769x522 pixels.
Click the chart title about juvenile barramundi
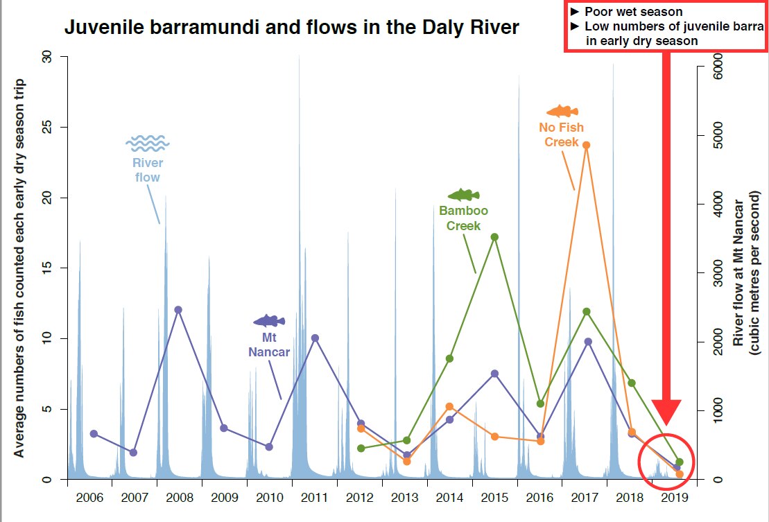point(291,28)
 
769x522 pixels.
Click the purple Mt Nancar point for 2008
point(178,310)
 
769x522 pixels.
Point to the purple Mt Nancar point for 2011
point(315,338)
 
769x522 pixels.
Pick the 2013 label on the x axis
point(405,498)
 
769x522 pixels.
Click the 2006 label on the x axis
point(89,498)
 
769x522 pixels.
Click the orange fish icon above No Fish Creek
point(562,111)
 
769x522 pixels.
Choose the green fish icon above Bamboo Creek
point(463,195)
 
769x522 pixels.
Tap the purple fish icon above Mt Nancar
point(269,320)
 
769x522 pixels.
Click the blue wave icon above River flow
point(147,143)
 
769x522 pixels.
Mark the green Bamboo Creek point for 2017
point(587,312)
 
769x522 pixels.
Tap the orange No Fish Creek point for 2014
point(449,407)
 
